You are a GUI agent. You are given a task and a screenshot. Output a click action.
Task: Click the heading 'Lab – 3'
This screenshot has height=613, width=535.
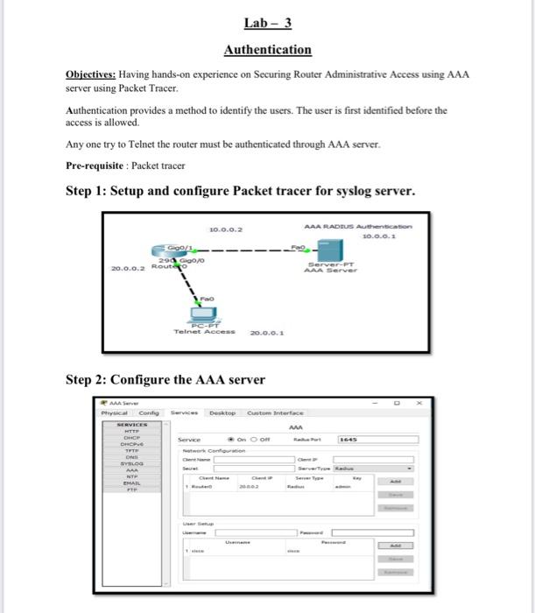267,23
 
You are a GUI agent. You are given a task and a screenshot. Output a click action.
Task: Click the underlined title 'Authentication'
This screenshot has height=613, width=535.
267,50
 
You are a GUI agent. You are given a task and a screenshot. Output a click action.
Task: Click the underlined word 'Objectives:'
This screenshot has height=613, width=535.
92,76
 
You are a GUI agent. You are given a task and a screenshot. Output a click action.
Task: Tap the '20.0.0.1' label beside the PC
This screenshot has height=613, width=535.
265,333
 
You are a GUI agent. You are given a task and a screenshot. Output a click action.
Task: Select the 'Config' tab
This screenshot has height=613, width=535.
148,412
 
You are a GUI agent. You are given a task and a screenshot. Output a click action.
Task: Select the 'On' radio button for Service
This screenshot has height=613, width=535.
231,440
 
